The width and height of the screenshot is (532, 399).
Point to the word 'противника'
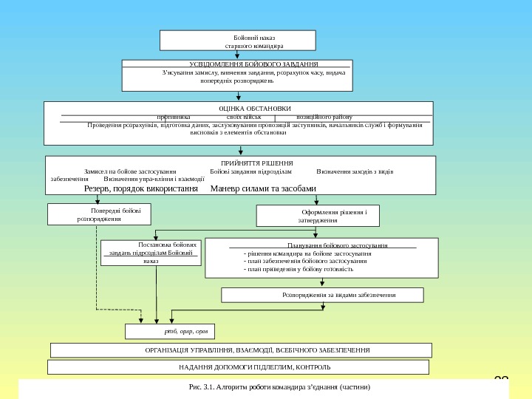[x=174, y=117]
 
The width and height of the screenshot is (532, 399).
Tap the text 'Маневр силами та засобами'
[x=263, y=188]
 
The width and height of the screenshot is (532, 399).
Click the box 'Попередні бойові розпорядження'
[x=100, y=214]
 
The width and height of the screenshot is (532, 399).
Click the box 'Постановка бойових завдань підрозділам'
[x=151, y=252]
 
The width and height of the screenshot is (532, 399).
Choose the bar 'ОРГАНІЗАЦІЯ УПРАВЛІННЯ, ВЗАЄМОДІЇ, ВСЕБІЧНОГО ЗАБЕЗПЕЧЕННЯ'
[x=241, y=349]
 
